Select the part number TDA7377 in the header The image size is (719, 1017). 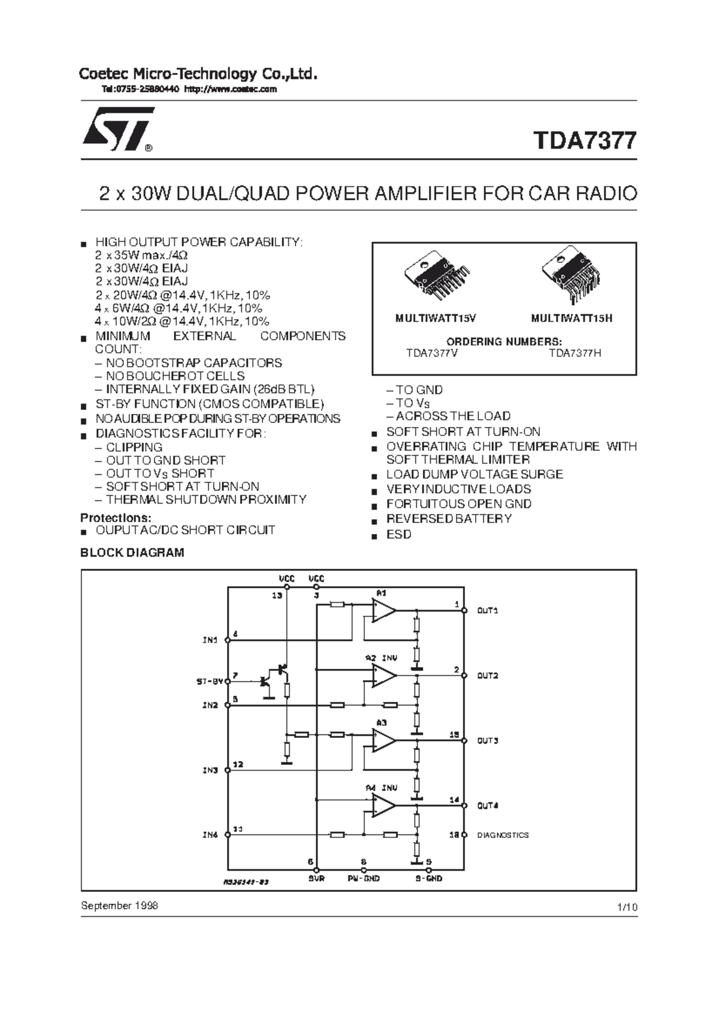[585, 141]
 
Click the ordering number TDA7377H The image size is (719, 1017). [575, 353]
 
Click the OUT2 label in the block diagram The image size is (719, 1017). [487, 676]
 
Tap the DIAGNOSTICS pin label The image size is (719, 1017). [503, 835]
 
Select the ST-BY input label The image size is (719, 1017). [210, 682]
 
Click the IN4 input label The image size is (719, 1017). [210, 835]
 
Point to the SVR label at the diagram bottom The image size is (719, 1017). [316, 879]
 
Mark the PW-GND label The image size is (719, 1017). [364, 879]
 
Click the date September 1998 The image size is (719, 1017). [119, 905]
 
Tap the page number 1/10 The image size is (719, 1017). [627, 907]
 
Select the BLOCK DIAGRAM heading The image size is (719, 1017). [132, 553]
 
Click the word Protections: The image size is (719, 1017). [116, 517]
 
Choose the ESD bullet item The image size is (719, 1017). [398, 534]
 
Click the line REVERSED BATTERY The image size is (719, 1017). [449, 519]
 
